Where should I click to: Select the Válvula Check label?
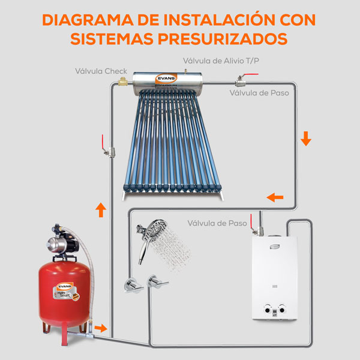[101, 71]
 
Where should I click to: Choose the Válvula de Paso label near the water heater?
[217, 223]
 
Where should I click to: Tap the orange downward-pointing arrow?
[306, 139]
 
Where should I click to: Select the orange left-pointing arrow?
[275, 197]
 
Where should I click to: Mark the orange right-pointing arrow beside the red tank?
[102, 328]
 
